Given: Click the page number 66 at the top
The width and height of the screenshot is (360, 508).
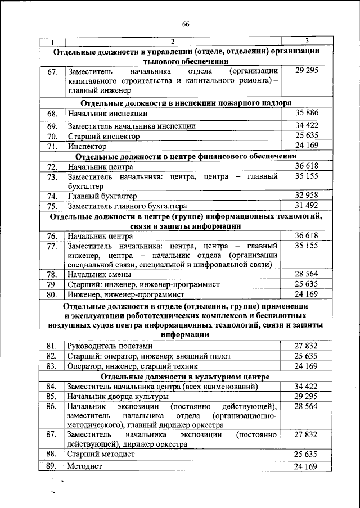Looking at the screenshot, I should coord(186,23).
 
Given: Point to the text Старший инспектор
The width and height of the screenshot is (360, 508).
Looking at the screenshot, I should coord(103,136).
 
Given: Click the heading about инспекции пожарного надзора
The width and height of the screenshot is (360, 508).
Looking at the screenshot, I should coord(186,103).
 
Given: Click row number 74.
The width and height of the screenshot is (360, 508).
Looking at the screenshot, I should coord(52,196).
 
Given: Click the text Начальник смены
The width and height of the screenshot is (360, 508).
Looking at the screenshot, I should coord(100,275).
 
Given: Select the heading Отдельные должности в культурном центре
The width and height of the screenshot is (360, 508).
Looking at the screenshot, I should coord(186,376).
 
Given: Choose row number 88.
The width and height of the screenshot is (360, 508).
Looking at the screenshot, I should coord(52,453).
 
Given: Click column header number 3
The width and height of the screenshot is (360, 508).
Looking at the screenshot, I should coord(307,41).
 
